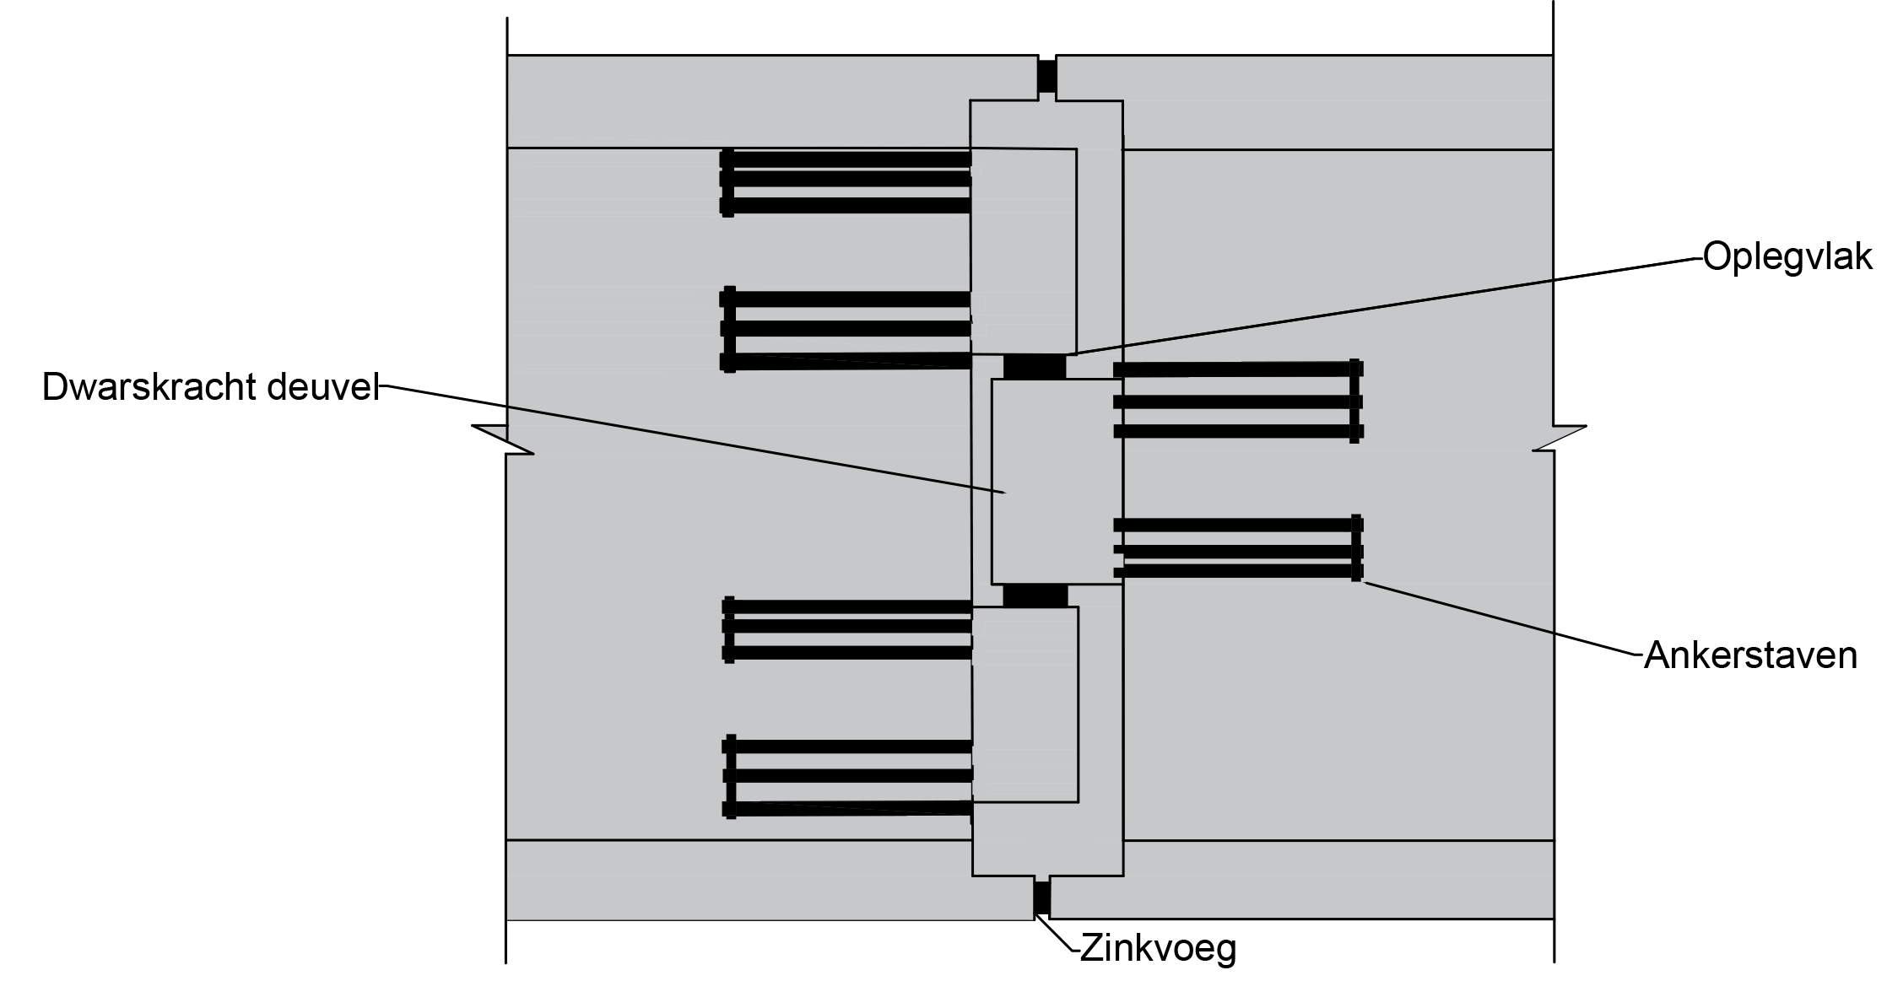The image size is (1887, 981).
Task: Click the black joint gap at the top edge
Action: click(x=1046, y=74)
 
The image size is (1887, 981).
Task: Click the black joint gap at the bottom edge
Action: click(x=1042, y=900)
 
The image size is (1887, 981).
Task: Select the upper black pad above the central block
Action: click(x=1035, y=367)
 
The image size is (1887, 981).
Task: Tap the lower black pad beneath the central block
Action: click(x=1035, y=596)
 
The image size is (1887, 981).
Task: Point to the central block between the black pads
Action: click(x=1057, y=481)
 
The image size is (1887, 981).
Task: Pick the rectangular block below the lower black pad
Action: click(x=1025, y=704)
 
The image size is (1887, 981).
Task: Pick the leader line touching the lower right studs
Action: click(x=1460, y=607)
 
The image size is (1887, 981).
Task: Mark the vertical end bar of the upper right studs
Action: click(x=1354, y=401)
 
